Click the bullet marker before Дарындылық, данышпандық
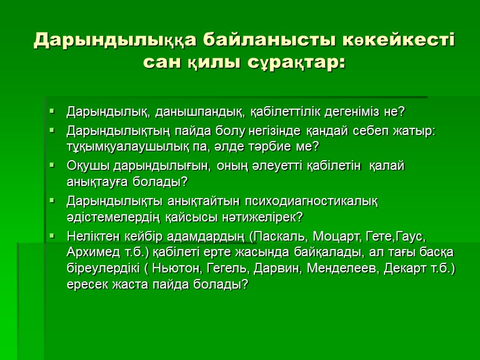coord(53,112)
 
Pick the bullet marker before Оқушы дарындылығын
coord(53,164)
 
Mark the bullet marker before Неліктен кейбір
coord(53,234)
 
